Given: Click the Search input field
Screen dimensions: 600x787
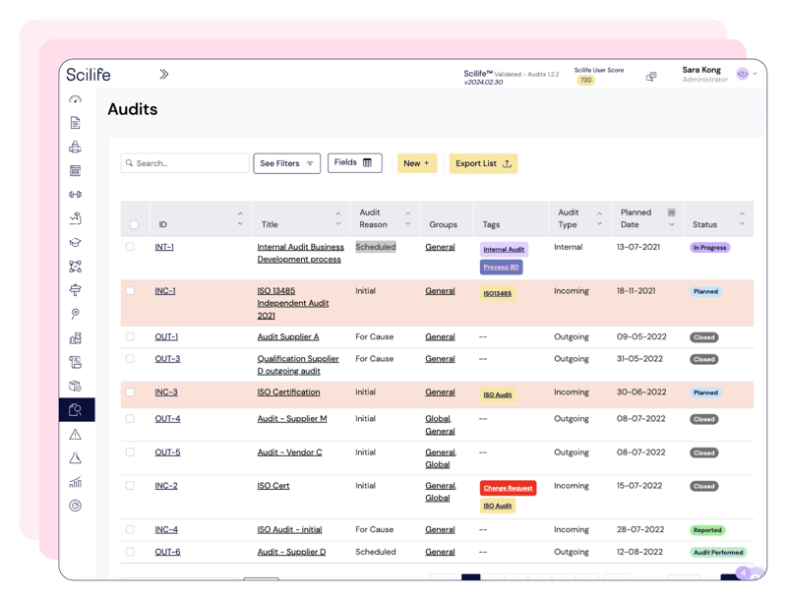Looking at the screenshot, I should (x=185, y=163).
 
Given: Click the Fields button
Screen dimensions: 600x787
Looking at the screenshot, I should (x=354, y=163).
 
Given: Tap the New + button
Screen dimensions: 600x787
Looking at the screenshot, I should (x=416, y=163).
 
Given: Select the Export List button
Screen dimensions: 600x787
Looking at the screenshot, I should (x=483, y=163).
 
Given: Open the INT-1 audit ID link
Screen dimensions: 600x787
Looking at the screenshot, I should (x=164, y=247).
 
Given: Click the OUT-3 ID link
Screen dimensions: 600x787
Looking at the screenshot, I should (x=167, y=359).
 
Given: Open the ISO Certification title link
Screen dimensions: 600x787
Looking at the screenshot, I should (x=288, y=392).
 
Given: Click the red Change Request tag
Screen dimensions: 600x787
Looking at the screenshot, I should (x=508, y=488).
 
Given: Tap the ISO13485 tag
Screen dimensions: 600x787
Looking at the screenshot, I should (x=497, y=293).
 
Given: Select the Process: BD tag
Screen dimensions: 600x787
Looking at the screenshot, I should (x=502, y=267).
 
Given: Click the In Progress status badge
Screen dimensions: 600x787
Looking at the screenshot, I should (x=709, y=248).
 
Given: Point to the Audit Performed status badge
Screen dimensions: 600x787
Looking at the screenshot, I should (x=717, y=553).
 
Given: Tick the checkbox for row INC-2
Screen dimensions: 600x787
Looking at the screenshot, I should (x=130, y=486).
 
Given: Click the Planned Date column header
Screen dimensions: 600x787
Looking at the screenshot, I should (x=636, y=217).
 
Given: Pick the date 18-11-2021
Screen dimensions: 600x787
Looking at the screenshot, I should (x=639, y=291).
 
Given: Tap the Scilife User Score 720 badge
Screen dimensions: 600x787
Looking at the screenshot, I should (x=586, y=81).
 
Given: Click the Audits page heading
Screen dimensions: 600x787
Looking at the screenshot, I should (x=132, y=109).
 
